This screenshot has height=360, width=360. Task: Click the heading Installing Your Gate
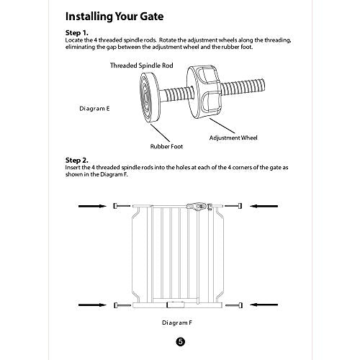pos(114,17)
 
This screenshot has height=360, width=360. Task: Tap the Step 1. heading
pos(77,32)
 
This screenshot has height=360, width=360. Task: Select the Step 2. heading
pos(77,160)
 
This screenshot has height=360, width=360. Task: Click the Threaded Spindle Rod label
pos(142,66)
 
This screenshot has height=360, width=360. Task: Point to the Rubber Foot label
pos(166,146)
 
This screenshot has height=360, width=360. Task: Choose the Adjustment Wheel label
pos(233,138)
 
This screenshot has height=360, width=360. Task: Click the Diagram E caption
pos(94,109)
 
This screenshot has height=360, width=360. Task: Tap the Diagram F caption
pos(177,323)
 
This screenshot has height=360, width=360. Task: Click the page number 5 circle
pos(181,342)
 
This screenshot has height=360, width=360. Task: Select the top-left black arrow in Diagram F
pos(92,206)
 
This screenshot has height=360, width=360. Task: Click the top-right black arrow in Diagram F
pos(264,206)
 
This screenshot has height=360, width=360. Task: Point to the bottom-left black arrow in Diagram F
pos(92,305)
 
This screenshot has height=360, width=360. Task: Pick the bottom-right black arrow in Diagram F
pos(264,305)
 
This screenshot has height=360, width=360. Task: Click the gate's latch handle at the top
pos(197,206)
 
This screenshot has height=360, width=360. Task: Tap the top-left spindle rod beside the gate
pos(122,206)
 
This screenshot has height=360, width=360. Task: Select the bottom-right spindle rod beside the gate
pos(234,305)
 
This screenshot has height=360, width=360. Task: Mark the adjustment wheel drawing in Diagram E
pos(204,93)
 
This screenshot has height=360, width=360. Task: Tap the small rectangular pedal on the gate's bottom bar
pos(176,305)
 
